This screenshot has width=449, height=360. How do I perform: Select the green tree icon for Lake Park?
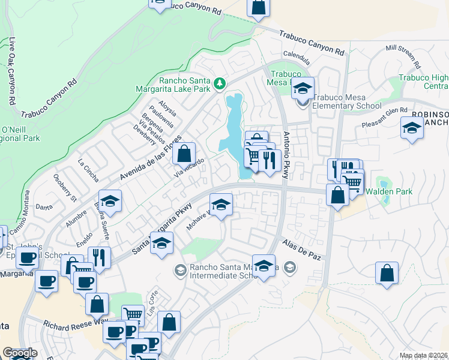click(220, 82)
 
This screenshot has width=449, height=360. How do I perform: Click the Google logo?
click(20, 353)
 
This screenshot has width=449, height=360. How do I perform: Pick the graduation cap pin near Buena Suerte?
click(110, 201)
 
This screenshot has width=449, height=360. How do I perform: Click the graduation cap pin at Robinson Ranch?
click(412, 128)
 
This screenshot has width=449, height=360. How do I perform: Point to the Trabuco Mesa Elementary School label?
click(346, 106)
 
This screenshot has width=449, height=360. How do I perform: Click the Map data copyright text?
click(424, 355)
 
